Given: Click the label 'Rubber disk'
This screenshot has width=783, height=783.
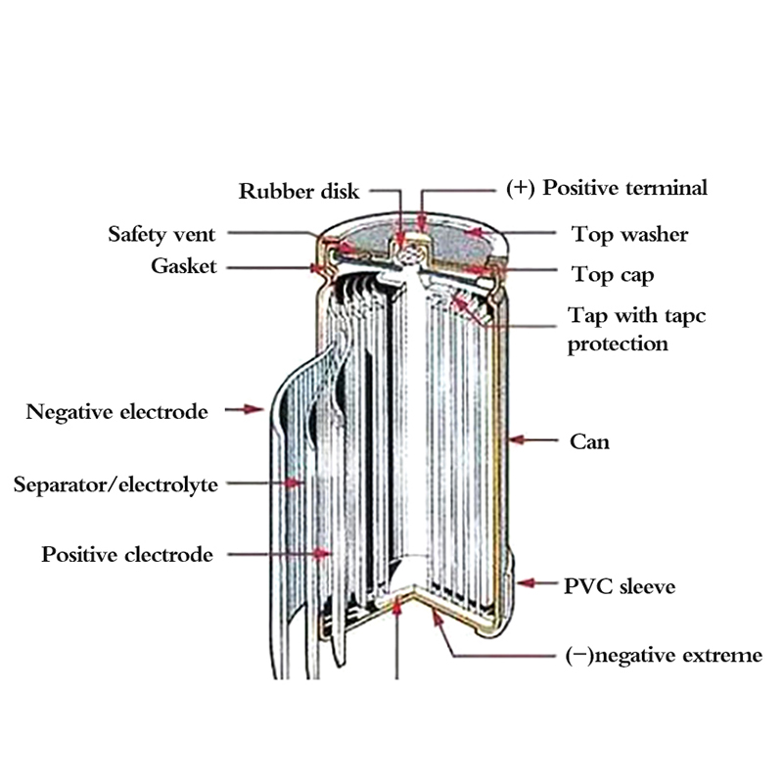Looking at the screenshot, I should (x=299, y=190).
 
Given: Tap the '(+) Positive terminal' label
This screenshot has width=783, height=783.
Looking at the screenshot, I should (x=606, y=187).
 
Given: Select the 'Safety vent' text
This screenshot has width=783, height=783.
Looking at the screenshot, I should (x=161, y=235).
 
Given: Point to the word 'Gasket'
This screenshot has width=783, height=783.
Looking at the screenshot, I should (x=183, y=266).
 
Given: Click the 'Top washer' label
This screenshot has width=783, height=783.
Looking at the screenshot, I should (x=629, y=235).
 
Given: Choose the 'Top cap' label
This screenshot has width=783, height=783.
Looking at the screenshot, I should (x=613, y=275).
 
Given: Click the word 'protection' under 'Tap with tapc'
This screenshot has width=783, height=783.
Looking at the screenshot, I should (x=619, y=345).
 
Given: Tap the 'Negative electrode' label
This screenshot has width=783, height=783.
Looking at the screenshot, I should (x=117, y=411).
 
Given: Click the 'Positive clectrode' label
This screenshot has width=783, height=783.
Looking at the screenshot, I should (x=127, y=555).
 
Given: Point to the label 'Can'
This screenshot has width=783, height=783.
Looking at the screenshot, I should (x=589, y=441).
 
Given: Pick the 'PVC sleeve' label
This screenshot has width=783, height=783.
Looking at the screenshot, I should (x=619, y=587).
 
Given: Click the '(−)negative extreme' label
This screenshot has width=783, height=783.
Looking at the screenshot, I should (x=664, y=656).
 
